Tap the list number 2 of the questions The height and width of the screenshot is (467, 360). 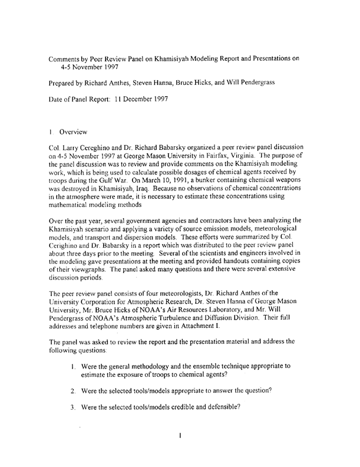click(x=72, y=390)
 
